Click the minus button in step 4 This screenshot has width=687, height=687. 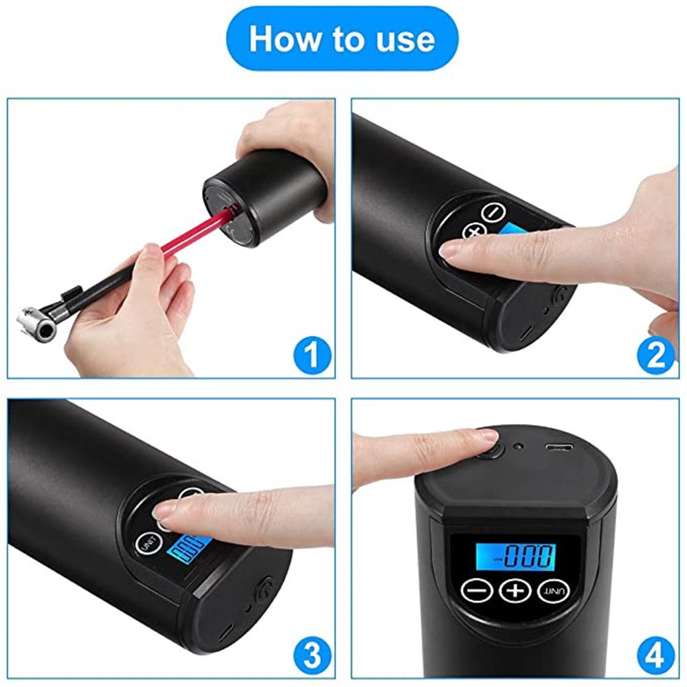click(476, 590)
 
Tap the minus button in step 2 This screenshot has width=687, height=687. click(493, 212)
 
